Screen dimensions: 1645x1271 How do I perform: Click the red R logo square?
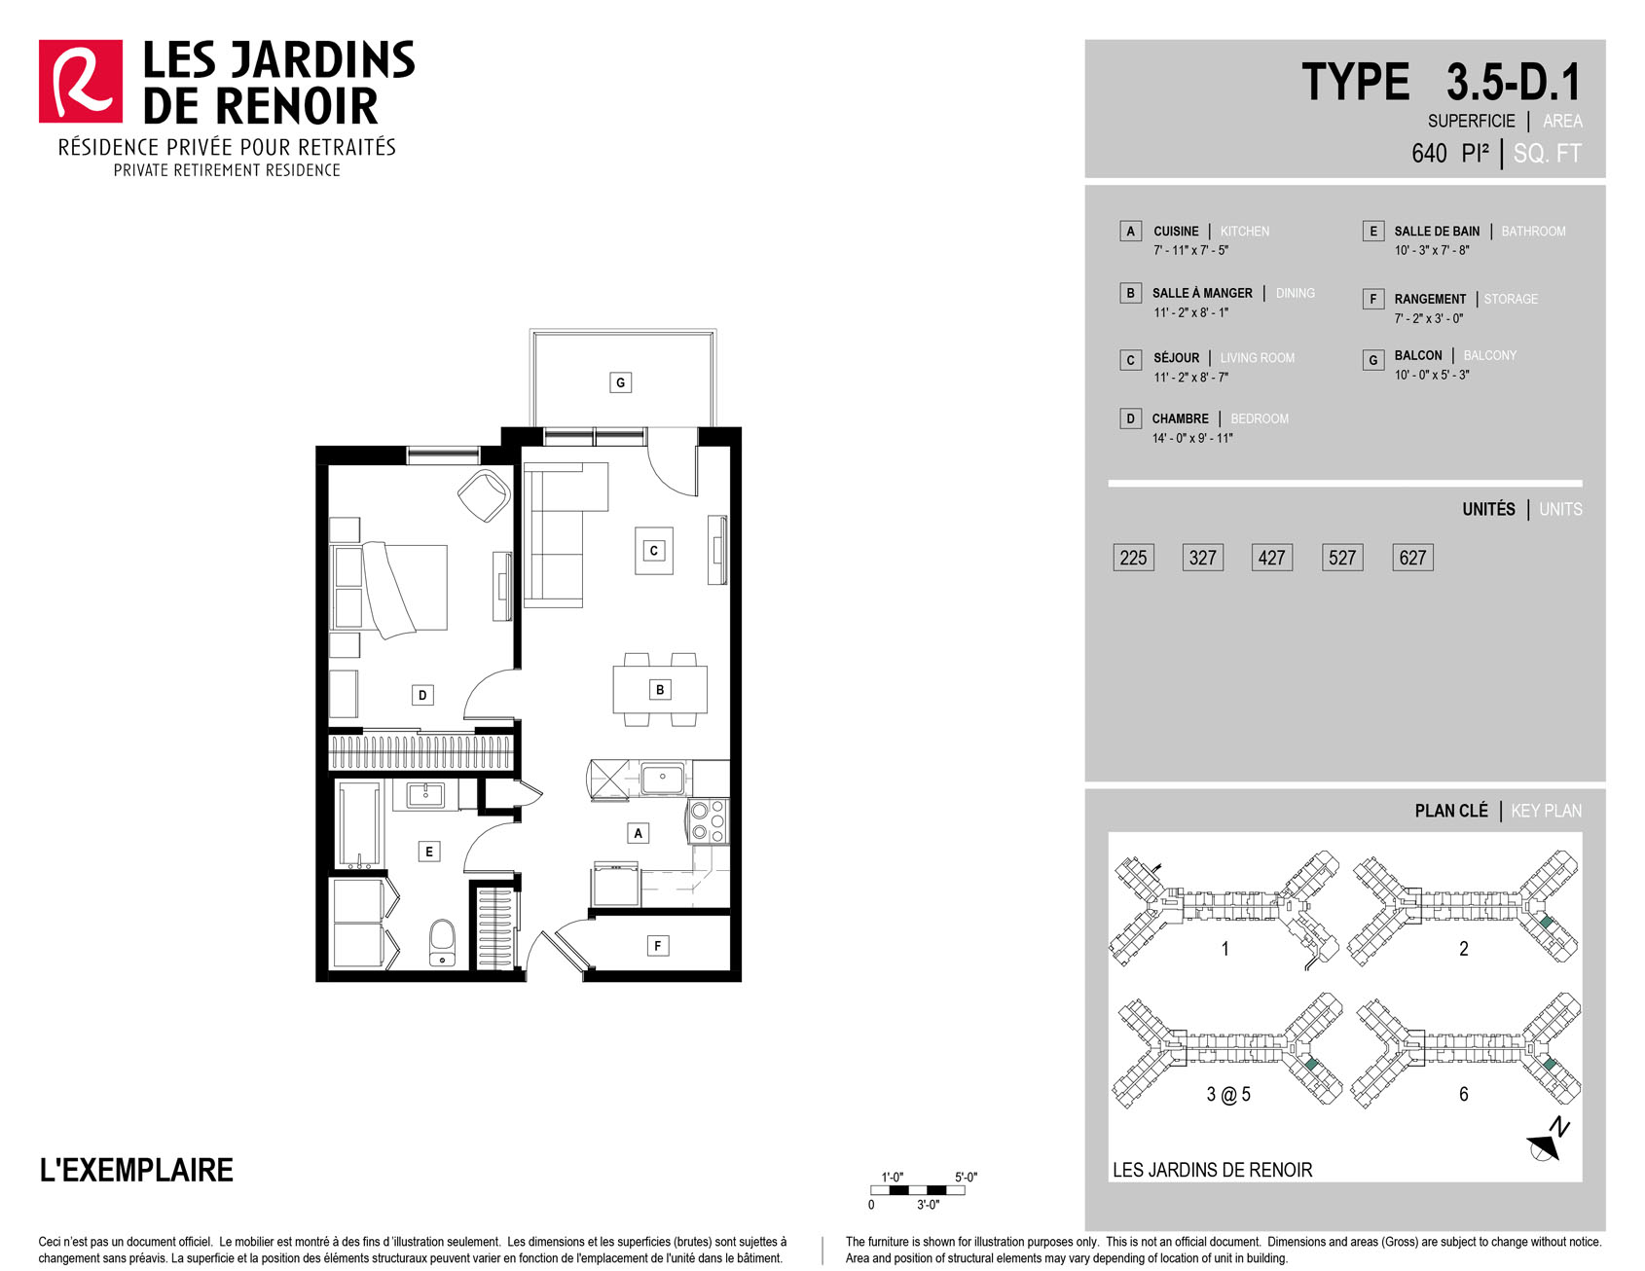[81, 82]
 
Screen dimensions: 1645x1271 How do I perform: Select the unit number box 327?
[1202, 558]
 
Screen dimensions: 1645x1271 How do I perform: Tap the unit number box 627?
[1412, 558]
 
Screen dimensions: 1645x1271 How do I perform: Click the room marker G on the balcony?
[620, 382]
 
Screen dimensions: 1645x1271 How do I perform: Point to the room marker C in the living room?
[654, 551]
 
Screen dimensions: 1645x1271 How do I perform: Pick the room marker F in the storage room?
[658, 946]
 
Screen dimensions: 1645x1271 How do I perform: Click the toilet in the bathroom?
[442, 943]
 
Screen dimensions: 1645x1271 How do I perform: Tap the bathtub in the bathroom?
[359, 825]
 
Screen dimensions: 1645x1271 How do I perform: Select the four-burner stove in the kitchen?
[708, 821]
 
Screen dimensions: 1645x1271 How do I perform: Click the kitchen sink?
[662, 779]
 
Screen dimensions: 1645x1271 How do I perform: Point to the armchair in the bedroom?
[484, 495]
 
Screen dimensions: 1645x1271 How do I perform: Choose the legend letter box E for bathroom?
[1372, 231]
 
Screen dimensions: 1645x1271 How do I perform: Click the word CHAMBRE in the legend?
[1180, 418]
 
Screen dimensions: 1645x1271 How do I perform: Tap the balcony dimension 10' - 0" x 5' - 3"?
[1432, 375]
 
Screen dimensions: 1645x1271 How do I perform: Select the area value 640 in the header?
[1429, 154]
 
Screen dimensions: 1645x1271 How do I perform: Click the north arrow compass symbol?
[1548, 1142]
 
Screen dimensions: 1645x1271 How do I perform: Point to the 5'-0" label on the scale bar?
[966, 1178]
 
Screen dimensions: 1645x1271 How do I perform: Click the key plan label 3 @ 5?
[1228, 1095]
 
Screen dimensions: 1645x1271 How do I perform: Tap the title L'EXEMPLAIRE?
[136, 1170]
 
